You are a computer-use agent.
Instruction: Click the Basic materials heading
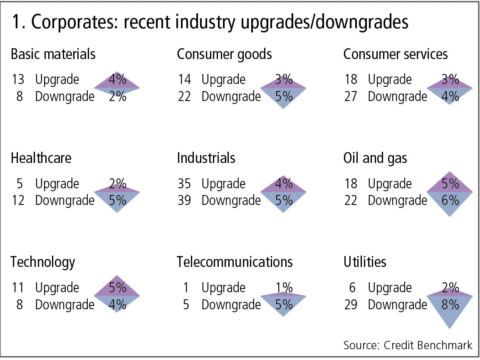pyautogui.click(x=53, y=54)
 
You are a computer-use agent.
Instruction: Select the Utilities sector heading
pyautogui.click(x=365, y=262)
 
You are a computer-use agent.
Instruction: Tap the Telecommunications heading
pyautogui.click(x=235, y=262)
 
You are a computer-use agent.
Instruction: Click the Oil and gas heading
pyautogui.click(x=375, y=158)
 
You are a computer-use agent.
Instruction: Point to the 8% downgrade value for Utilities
pyautogui.click(x=450, y=305)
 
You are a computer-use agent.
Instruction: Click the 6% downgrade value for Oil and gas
pyautogui.click(x=450, y=200)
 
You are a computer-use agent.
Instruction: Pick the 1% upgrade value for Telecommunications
pyautogui.click(x=284, y=288)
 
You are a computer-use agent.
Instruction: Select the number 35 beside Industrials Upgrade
pyautogui.click(x=184, y=183)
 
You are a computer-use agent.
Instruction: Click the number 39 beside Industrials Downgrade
pyautogui.click(x=184, y=200)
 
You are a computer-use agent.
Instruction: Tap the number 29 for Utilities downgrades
pyautogui.click(x=351, y=305)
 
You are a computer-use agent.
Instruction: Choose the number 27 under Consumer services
pyautogui.click(x=351, y=96)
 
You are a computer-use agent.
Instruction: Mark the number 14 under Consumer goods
pyautogui.click(x=185, y=79)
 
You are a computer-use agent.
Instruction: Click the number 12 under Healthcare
pyautogui.click(x=18, y=200)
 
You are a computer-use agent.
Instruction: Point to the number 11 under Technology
pyautogui.click(x=18, y=288)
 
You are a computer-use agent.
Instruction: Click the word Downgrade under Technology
pyautogui.click(x=65, y=305)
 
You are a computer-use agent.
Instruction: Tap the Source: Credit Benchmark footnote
pyautogui.click(x=408, y=345)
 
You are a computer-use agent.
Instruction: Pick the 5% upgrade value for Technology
pyautogui.click(x=118, y=288)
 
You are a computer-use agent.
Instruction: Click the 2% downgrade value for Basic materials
pyautogui.click(x=118, y=96)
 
